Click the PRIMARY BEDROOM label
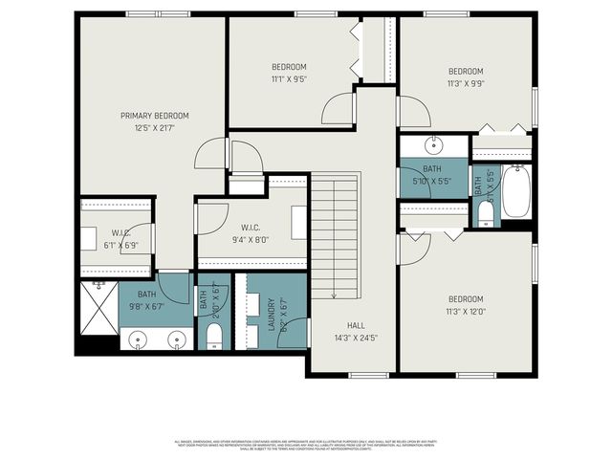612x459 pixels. [154, 116]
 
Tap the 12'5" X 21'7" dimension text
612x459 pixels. [154, 127]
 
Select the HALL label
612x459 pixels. [356, 324]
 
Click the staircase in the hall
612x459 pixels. [336, 234]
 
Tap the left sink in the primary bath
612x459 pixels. [138, 339]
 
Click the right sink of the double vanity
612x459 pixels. [175, 339]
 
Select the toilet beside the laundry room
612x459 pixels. [214, 334]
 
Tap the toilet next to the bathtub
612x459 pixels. [486, 212]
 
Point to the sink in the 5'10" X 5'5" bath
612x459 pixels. [433, 145]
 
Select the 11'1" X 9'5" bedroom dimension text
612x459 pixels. [289, 78]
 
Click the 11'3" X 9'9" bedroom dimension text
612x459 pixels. [466, 83]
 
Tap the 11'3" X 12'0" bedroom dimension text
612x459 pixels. [466, 311]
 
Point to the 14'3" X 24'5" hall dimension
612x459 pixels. [356, 337]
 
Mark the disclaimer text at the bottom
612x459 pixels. [306, 446]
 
